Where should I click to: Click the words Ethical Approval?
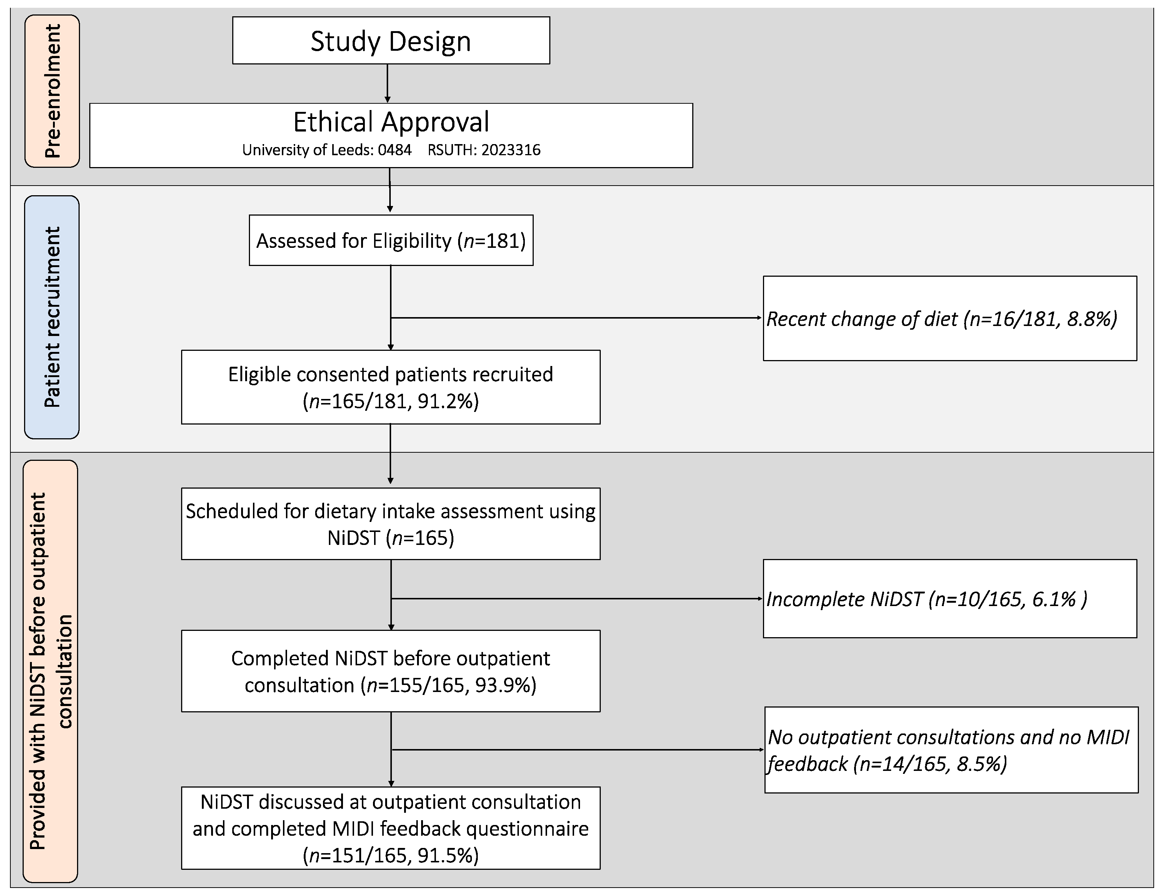[x=391, y=122]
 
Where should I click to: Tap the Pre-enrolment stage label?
[x=52, y=91]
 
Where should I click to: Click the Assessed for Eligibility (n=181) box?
[x=391, y=241]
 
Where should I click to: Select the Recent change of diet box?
[x=949, y=319]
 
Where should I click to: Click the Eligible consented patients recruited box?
[x=390, y=387]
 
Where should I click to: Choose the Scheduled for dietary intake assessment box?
[x=390, y=524]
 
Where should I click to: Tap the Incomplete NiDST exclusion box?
[x=949, y=599]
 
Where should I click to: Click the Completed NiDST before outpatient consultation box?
[x=390, y=672]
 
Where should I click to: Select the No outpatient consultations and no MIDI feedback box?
[x=951, y=750]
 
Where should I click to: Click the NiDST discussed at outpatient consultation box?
[x=390, y=828]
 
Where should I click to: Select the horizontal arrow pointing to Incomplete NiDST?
[x=575, y=599]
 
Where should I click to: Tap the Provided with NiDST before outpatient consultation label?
[x=51, y=671]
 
